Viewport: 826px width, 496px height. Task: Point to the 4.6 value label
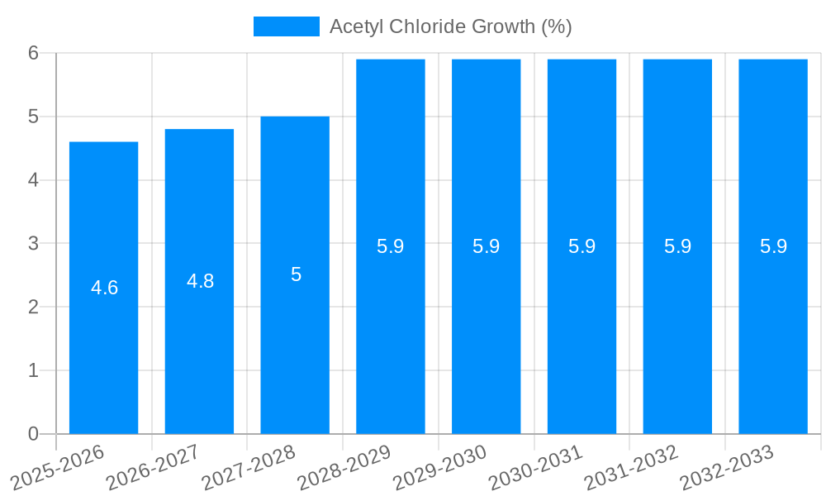point(104,288)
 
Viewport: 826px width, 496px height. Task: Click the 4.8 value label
point(200,281)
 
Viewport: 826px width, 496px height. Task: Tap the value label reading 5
point(296,274)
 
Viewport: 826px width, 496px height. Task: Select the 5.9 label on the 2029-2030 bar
point(487,246)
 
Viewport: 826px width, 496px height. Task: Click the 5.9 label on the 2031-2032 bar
point(677,246)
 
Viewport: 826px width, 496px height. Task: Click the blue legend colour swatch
point(286,26)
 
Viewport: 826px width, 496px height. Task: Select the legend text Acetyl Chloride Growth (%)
point(450,26)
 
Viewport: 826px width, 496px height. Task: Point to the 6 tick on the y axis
point(34,53)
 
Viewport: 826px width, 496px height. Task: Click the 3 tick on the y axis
point(34,243)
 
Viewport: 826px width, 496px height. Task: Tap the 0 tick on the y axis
point(34,433)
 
